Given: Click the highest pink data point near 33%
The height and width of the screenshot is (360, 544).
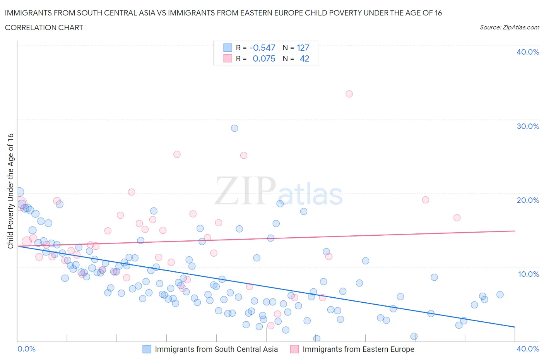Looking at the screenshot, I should pos(349,94).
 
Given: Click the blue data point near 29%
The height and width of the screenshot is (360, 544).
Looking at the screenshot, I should pos(234,128).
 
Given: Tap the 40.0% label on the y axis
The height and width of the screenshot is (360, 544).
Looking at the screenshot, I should pos(528,52).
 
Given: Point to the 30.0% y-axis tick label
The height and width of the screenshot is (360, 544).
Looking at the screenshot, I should pos(528,126).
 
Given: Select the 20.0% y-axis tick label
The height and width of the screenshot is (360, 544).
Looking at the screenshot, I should pos(528,200).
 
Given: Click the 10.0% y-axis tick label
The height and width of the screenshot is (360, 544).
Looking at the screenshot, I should pos(528,274).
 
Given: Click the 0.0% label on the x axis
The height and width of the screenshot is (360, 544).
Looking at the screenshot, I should pos(27,349).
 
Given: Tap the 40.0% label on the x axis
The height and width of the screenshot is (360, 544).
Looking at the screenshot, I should pos(528,349).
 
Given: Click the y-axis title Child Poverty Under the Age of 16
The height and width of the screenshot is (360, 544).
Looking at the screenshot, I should pos(10,191).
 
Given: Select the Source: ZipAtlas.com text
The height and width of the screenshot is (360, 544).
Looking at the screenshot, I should pos(509,27).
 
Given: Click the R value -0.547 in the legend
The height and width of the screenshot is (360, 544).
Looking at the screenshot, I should pos(262,48).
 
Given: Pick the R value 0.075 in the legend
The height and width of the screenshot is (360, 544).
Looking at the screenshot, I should pos(264,58).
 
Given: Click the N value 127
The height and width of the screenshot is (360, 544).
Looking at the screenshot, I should pos(303,48).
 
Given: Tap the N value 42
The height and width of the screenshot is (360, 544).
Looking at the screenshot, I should pos(305,58).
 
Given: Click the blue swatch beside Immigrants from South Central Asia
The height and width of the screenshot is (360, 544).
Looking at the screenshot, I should pos(147,349).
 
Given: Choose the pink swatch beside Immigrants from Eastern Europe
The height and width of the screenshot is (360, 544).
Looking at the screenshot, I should pos(294,349).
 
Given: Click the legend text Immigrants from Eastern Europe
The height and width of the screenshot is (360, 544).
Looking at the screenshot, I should pos(358,349).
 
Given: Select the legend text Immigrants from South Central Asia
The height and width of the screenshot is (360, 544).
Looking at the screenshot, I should pos(216,349).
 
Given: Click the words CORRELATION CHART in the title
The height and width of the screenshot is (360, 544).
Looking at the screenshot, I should pos(44,27).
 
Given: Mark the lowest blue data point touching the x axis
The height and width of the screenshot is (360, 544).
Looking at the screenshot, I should pos(316,339).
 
